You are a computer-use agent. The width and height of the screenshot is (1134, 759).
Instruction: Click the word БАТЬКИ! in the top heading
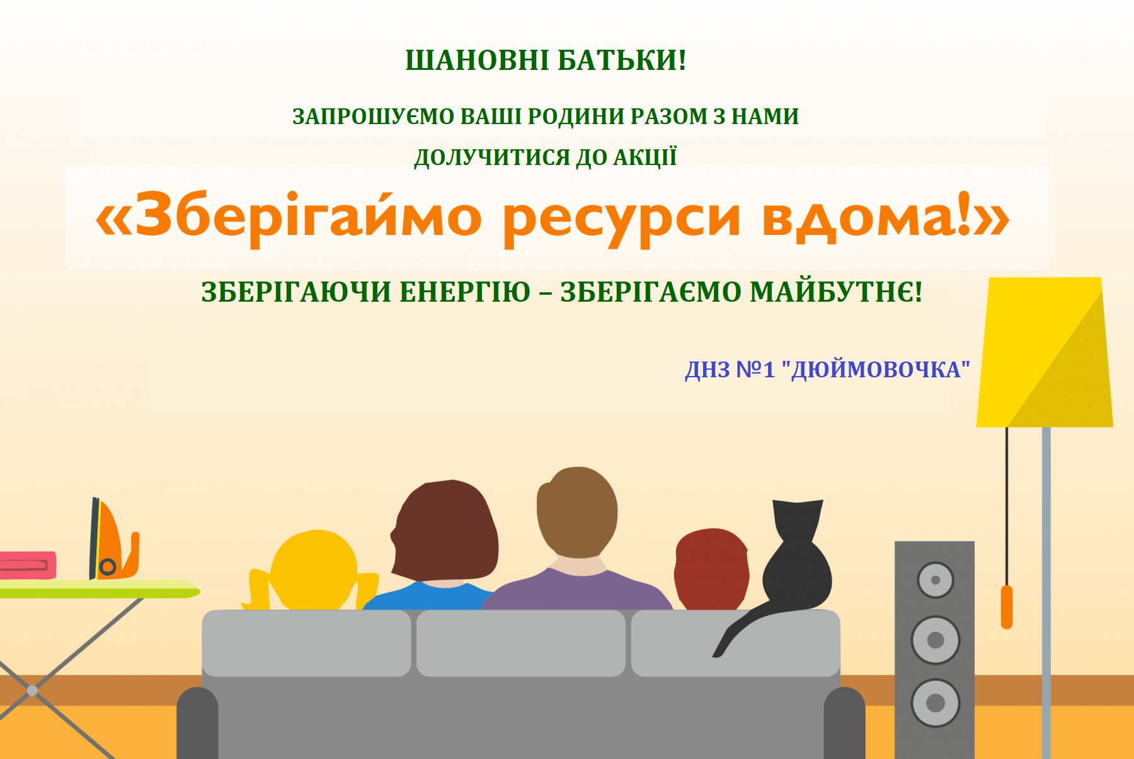pyautogui.click(x=622, y=60)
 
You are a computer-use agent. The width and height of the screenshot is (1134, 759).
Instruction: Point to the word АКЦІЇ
pyautogui.click(x=645, y=157)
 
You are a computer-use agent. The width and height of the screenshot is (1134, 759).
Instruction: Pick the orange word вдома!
pyautogui.click(x=867, y=217)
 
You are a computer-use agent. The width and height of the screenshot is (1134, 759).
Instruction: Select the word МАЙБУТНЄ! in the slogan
pyautogui.click(x=837, y=292)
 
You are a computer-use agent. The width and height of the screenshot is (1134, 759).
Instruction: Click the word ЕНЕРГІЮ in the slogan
pyautogui.click(x=465, y=292)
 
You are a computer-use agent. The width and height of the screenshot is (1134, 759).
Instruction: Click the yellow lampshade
pyautogui.click(x=1045, y=353)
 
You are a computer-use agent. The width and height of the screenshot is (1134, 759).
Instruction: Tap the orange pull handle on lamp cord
pyautogui.click(x=1007, y=607)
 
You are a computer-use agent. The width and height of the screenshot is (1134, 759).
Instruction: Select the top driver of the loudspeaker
pyautogui.click(x=936, y=580)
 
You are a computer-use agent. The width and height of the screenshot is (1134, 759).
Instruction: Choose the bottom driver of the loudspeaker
pyautogui.click(x=936, y=702)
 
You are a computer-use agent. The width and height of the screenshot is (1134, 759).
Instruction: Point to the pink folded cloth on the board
pyautogui.click(x=27, y=565)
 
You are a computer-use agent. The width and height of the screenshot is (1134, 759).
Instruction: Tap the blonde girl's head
pyautogui.click(x=314, y=571)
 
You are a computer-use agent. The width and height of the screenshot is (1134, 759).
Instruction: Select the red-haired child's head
pyautogui.click(x=711, y=569)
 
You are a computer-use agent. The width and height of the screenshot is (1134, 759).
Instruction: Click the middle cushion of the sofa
pyautogui.click(x=521, y=643)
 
